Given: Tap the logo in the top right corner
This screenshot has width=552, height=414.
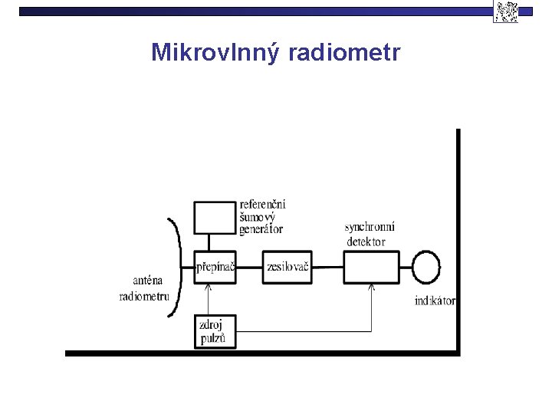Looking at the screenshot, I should pos(505,11).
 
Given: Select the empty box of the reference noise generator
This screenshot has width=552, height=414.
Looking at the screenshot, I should pos(214,218).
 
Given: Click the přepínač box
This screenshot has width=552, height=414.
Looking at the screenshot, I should pos(215,268).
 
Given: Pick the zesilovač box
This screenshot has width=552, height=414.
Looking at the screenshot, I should pos(288,268).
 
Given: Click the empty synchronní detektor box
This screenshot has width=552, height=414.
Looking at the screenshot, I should pos(371,268).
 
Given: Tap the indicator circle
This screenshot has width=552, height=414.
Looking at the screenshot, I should pos(426,268).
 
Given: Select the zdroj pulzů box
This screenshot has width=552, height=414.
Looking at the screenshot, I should pos(215,331).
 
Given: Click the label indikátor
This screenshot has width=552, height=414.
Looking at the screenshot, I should pos(435,301).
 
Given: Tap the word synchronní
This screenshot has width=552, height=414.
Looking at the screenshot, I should pos(370,227).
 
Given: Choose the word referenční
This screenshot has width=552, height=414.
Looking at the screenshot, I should pos(263,204).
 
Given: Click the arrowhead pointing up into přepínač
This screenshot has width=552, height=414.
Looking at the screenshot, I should pos(209,287).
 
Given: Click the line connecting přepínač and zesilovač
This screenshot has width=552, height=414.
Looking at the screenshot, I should pos(250,268).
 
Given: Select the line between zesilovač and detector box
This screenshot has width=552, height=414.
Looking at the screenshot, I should pos(328,268).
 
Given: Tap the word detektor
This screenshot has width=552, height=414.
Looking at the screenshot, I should pos(366,241).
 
